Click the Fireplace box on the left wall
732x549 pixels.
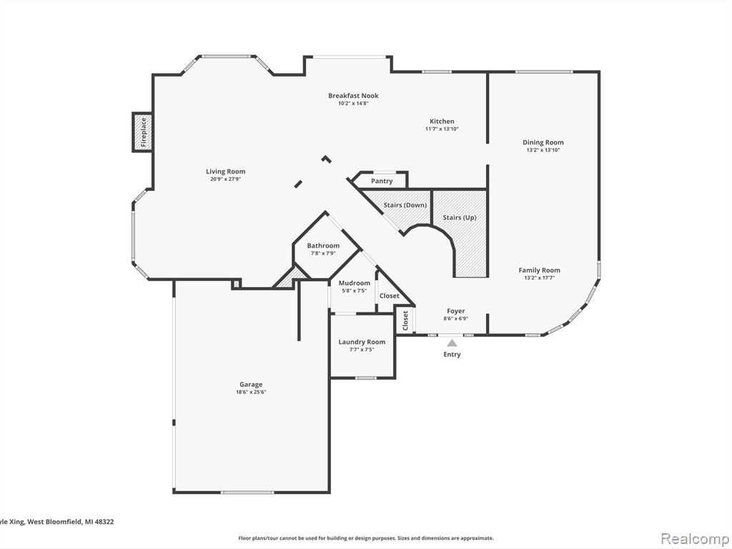click(x=143, y=132)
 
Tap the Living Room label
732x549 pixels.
click(x=225, y=172)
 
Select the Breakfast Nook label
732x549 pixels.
click(x=353, y=96)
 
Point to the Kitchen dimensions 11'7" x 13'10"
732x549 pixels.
click(x=442, y=129)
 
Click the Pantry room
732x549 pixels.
click(x=382, y=181)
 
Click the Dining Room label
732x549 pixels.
click(x=543, y=142)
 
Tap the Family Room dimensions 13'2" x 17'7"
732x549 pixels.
click(x=539, y=278)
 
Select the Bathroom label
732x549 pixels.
click(x=323, y=246)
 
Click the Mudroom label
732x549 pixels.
click(x=355, y=283)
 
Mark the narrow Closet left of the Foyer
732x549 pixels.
click(x=405, y=320)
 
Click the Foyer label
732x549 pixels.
click(x=455, y=311)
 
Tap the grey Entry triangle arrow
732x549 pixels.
click(x=452, y=342)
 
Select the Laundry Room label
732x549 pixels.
click(x=362, y=342)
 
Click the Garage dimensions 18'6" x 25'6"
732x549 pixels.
click(x=251, y=392)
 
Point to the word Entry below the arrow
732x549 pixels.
click(x=452, y=355)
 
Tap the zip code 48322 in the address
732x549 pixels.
click(x=104, y=521)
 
